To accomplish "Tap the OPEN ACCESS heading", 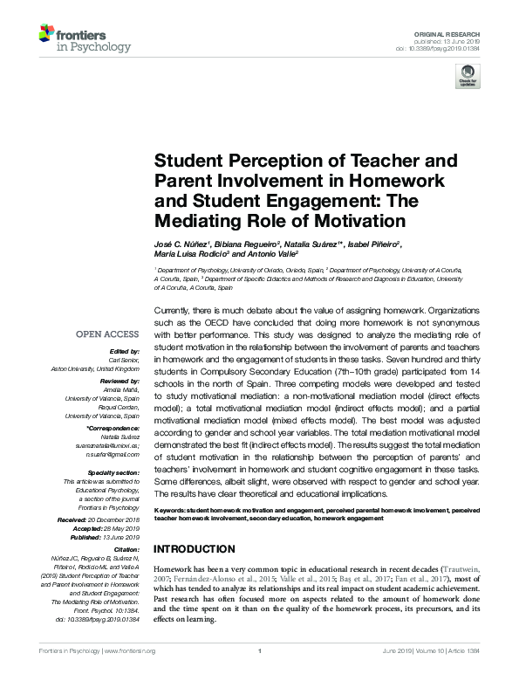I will pos(107,334).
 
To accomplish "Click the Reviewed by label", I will pos(118,382).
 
